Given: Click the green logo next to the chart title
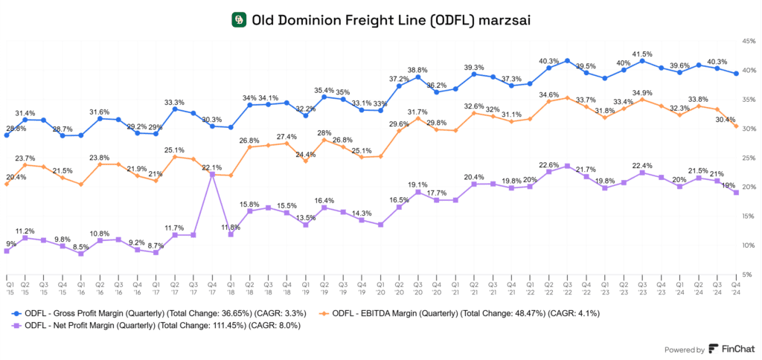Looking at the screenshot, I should pos(239,20).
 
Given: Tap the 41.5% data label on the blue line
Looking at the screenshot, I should pos(643,54).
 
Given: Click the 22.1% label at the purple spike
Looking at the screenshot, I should pos(213,167).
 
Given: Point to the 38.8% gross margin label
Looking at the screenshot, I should pos(417,69).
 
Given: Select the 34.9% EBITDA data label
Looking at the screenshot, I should pos(643,92).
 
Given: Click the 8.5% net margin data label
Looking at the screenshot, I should pos(80,246).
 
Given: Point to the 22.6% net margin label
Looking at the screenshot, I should pos(548,164).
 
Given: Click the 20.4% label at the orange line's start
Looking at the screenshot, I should pos(16,177).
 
